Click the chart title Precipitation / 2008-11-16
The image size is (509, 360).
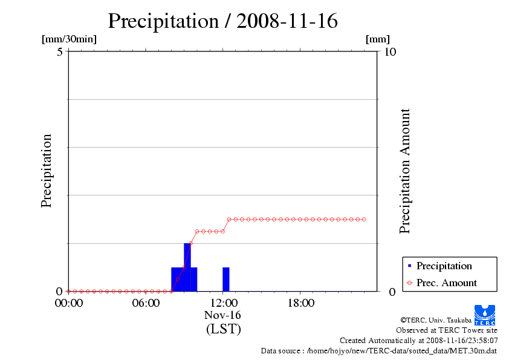(222, 21)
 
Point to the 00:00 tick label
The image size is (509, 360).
(68, 303)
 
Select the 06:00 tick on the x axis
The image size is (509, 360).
(146, 303)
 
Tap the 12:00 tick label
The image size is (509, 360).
(223, 303)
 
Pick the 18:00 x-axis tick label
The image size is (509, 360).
(300, 303)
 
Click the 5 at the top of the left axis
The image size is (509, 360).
(60, 52)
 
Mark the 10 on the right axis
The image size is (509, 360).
(391, 52)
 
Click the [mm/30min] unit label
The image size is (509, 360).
(69, 39)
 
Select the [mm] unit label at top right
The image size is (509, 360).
(378, 39)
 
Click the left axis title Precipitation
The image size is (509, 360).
(47, 171)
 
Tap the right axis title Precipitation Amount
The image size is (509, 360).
(405, 171)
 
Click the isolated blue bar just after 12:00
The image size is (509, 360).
(226, 279)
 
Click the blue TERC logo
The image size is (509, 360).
(485, 315)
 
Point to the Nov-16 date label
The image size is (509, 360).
(223, 316)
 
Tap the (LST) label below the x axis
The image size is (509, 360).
(223, 329)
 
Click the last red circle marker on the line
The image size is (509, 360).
(364, 219)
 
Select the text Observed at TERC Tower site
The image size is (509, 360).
(447, 330)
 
